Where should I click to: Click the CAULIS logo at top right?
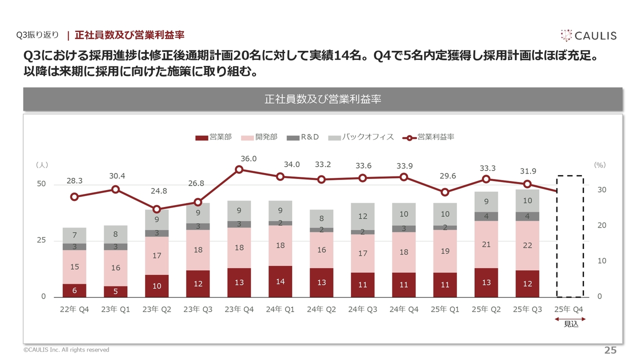(588, 35)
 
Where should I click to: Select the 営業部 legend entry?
(213, 137)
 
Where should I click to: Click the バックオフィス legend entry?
(361, 137)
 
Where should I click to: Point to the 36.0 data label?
(248, 158)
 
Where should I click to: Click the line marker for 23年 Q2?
(156, 209)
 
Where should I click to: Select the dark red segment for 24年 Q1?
(280, 281)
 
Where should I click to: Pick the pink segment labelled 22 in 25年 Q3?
(527, 245)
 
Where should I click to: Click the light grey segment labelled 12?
(362, 216)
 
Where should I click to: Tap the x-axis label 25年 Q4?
(569, 309)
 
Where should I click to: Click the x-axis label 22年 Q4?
(74, 309)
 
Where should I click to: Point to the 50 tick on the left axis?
(41, 184)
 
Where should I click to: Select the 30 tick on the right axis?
(602, 190)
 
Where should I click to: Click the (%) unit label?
(599, 164)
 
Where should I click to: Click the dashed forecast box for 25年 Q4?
(569, 236)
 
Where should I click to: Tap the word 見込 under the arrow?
(570, 324)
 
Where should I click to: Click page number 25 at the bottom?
(610, 349)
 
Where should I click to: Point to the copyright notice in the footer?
(66, 350)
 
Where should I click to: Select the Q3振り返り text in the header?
(37, 35)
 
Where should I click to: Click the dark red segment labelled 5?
(115, 291)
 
